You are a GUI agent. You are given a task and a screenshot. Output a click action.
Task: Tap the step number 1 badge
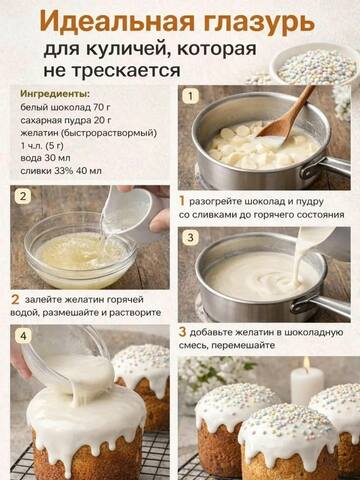coord(190,96)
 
